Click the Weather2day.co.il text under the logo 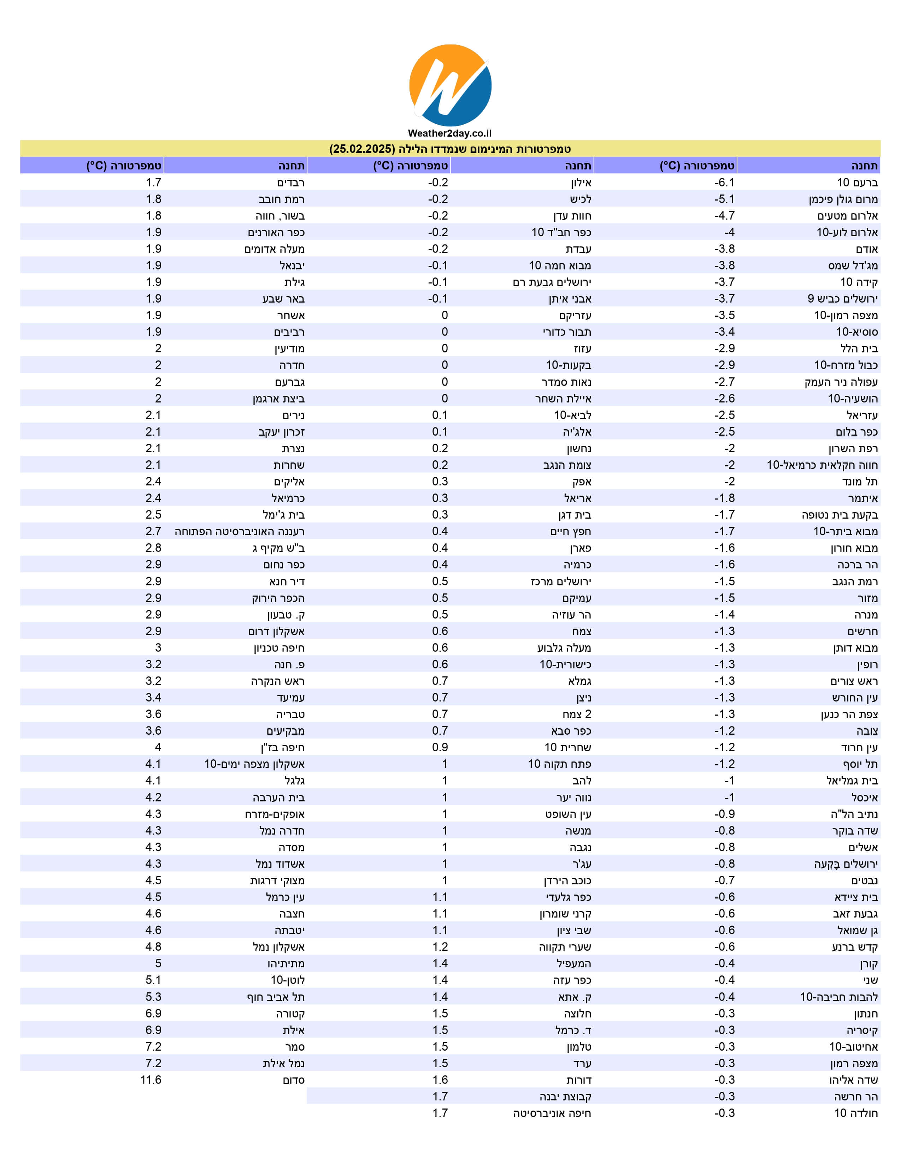tap(449, 133)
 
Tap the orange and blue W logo tap(450, 85)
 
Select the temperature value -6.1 tap(724, 183)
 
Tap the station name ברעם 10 tap(857, 183)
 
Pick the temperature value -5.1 tap(724, 199)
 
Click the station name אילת tap(294, 1030)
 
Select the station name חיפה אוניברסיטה tap(552, 1113)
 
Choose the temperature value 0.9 tap(440, 747)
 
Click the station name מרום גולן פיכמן tap(843, 199)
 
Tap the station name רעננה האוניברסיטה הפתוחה tap(240, 531)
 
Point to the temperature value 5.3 tap(153, 997)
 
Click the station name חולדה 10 tap(856, 1113)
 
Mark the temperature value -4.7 tap(724, 215)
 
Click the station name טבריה tap(290, 714)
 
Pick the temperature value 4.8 tap(153, 947)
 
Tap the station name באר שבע tap(283, 299)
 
